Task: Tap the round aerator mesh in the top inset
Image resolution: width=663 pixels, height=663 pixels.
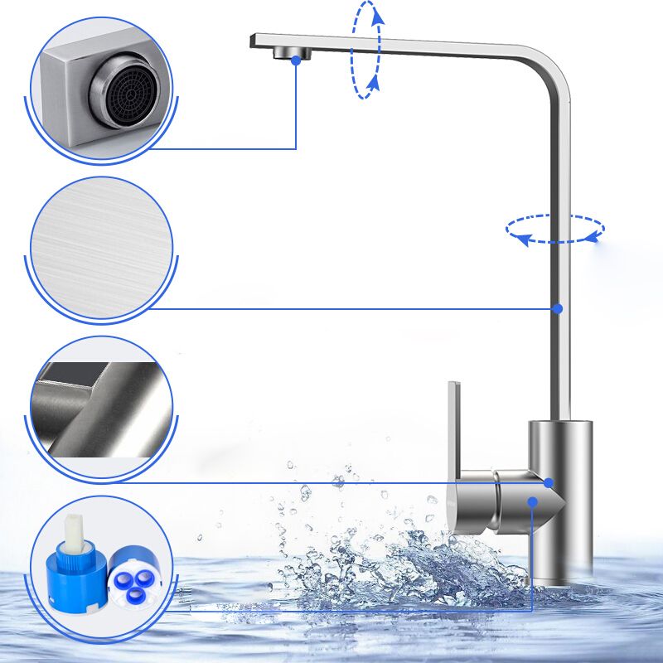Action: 127,92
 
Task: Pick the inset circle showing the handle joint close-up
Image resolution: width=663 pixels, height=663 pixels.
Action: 101,408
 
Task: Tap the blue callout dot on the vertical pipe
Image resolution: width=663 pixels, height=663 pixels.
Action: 558,308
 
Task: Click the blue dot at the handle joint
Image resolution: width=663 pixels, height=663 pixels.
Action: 548,482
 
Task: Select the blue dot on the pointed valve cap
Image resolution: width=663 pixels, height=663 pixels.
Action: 532,502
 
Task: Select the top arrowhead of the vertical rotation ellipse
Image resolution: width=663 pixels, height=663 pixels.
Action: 377,12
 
